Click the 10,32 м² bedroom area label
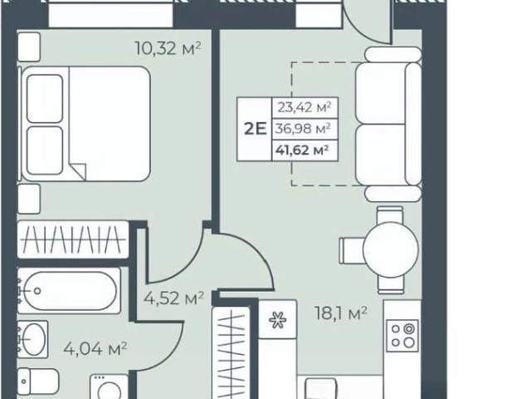coord(168,48)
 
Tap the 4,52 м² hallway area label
coord(173,298)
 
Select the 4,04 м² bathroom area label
coord(95,348)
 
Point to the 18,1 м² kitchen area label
coord(341,313)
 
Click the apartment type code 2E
coord(256,130)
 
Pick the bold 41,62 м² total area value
coord(302,150)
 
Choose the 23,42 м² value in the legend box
coord(304,107)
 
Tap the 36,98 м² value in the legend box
coord(303,129)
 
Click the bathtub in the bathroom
coord(69,291)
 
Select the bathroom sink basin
coord(33,339)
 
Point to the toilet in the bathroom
coord(38,382)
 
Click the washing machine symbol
coord(110,387)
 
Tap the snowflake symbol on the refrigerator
coord(278,319)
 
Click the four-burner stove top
coord(402,336)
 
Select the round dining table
coord(391,250)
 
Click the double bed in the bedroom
coord(85,124)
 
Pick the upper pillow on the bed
coord(45,99)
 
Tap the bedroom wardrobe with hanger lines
coord(73,239)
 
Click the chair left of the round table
coord(352,250)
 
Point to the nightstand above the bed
coord(29,47)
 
